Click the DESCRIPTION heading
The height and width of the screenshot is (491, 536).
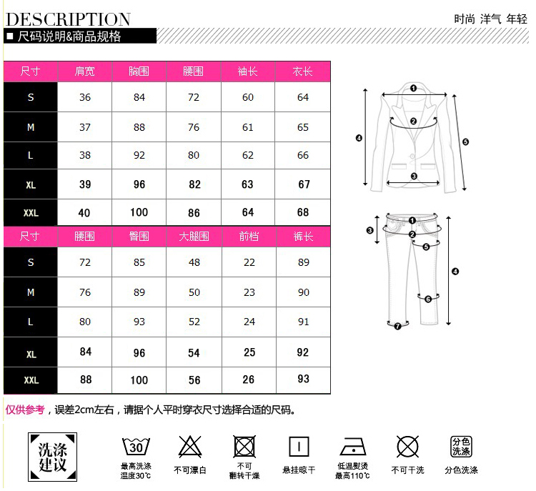69,19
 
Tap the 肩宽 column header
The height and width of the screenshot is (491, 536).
85,71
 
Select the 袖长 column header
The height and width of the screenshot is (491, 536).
248,71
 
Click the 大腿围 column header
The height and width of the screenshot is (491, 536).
194,237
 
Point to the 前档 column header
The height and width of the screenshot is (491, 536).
249,237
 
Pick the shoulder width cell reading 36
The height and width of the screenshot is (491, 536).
85,97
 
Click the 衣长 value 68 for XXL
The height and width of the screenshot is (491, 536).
303,212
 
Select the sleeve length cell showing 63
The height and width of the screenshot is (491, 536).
248,184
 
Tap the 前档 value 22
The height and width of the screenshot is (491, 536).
249,262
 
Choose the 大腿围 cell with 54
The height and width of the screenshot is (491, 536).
194,353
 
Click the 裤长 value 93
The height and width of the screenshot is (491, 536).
303,379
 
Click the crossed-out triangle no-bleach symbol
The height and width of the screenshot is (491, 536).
189,447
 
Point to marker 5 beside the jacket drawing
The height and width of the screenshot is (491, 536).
465,142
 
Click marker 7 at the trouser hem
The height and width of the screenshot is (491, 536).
397,326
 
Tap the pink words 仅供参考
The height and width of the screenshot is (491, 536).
26,410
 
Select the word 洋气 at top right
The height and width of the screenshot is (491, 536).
490,19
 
